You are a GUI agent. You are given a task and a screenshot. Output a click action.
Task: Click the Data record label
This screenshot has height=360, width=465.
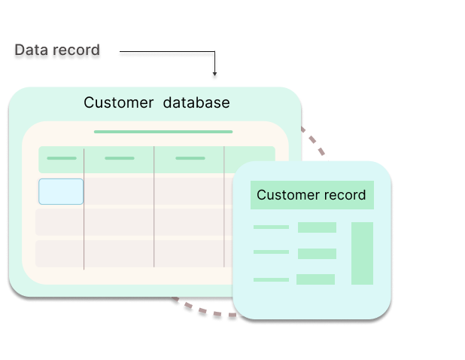pos(57,50)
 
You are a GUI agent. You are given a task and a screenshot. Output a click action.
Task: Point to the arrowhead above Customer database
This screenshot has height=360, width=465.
pos(214,76)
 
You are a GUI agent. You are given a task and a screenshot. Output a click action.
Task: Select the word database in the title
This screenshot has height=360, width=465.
pos(196,102)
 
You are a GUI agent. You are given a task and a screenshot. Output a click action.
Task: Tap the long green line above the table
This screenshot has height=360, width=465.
pos(163,132)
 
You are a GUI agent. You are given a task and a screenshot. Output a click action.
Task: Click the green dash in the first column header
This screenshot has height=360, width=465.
pos(61,158)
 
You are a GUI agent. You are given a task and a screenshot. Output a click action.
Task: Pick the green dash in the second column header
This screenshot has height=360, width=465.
pos(119,158)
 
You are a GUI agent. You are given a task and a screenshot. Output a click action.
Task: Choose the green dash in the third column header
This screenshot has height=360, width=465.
pos(190,158)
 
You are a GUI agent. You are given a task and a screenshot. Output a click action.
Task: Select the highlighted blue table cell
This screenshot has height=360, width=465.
pos(61,191)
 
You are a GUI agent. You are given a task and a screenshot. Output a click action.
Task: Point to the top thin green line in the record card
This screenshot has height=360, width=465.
pos(271,227)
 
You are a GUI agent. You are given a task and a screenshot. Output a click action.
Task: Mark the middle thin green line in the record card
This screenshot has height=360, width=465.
pos(271,252)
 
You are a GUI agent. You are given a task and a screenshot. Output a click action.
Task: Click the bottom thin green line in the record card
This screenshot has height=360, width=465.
pos(271,279)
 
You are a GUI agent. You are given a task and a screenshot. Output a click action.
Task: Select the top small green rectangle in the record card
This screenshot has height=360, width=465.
pos(317,227)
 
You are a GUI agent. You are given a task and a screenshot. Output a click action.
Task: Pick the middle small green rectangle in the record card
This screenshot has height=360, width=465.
pos(317,254)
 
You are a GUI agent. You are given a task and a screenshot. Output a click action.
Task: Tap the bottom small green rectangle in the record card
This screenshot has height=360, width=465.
pos(315,279)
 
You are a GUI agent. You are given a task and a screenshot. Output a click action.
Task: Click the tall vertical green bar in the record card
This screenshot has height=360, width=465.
pos(362,253)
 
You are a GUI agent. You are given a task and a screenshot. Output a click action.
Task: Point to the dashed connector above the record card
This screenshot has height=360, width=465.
pos(314,141)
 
